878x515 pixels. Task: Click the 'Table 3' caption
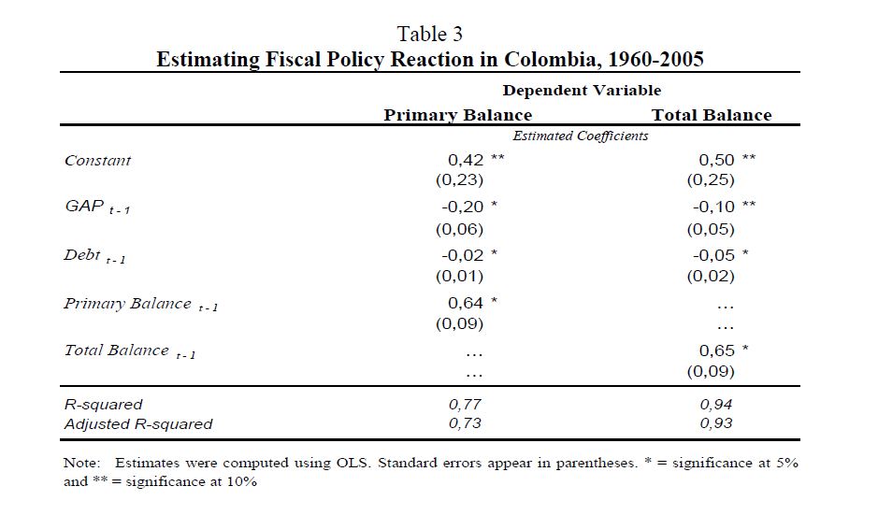click(x=429, y=34)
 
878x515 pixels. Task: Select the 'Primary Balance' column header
click(x=457, y=115)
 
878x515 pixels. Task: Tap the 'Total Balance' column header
click(x=712, y=115)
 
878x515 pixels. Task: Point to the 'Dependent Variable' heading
click(x=582, y=91)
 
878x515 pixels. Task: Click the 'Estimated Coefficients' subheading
click(x=582, y=136)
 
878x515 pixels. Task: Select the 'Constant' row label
click(x=98, y=161)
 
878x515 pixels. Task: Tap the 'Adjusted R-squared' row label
click(x=138, y=424)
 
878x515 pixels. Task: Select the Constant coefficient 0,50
click(x=717, y=160)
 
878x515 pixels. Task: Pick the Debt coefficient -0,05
click(x=713, y=254)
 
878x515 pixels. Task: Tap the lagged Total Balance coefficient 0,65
click(x=717, y=350)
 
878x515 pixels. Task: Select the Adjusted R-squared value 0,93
click(x=717, y=423)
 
